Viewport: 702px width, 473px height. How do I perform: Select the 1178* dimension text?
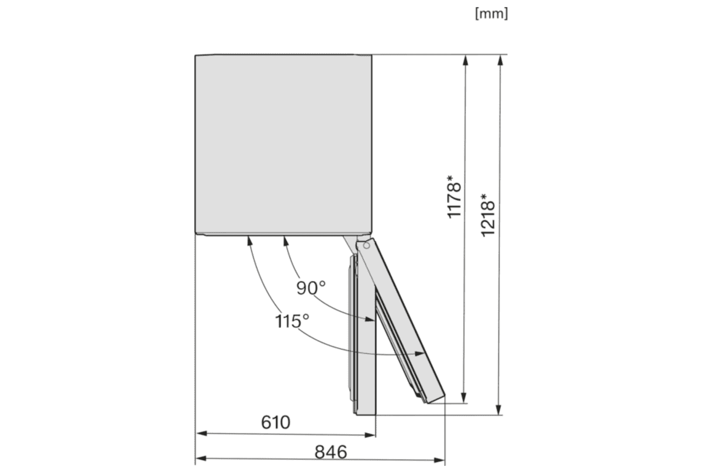coord(456,198)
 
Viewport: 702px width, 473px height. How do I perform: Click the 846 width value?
coord(331,451)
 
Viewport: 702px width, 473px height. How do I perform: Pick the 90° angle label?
coord(310,287)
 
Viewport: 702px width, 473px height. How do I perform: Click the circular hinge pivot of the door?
coord(366,246)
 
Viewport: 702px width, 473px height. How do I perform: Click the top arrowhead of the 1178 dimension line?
coord(465,59)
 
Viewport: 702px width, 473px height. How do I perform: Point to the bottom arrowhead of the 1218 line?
coord(499,410)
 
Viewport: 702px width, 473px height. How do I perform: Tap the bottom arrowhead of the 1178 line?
coord(465,399)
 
